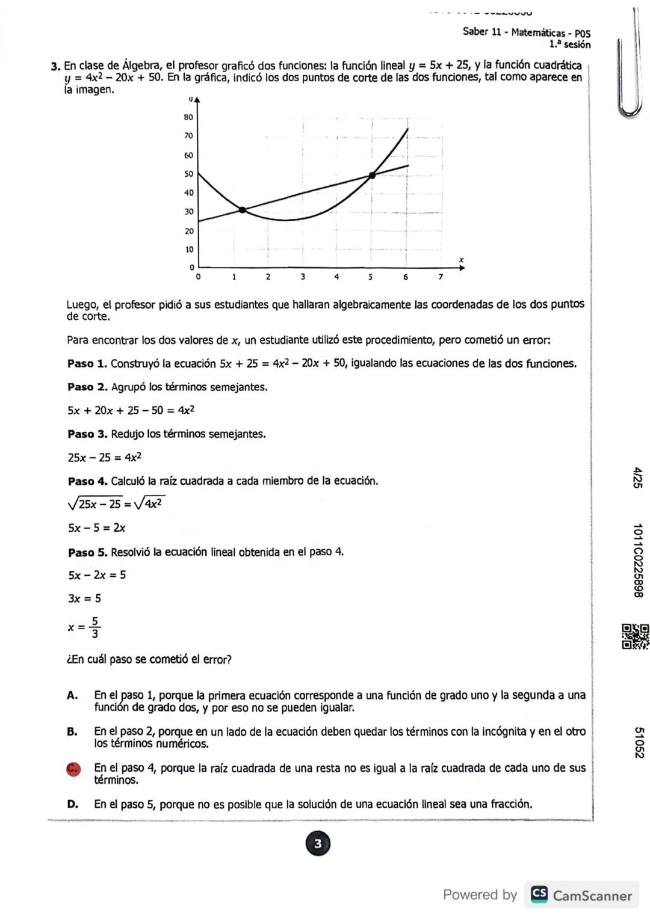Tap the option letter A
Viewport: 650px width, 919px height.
click(x=72, y=696)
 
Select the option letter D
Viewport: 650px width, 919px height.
click(x=72, y=805)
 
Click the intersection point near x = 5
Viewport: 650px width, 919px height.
click(x=372, y=175)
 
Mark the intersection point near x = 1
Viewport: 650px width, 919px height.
click(x=243, y=210)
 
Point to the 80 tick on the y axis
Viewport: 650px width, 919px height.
click(x=188, y=117)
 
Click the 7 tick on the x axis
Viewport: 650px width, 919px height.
click(x=441, y=277)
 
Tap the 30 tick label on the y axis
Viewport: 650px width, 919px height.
click(x=188, y=212)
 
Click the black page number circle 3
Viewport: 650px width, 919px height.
click(x=318, y=844)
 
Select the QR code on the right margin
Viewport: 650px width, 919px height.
click(x=636, y=637)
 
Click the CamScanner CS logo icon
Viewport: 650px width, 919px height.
click(x=539, y=895)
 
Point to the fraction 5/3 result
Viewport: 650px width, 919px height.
click(x=95, y=627)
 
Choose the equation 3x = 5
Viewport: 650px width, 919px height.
click(x=85, y=598)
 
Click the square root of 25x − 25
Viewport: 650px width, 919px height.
click(x=95, y=503)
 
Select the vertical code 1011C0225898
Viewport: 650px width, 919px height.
click(x=638, y=561)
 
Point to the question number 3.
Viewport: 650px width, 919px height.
click(x=55, y=66)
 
